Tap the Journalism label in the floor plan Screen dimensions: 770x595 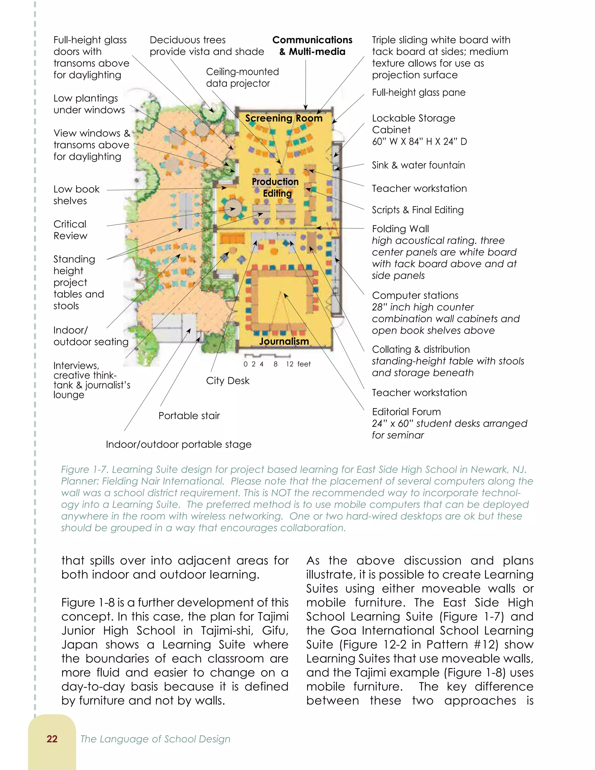284,341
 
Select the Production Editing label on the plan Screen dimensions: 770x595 275,187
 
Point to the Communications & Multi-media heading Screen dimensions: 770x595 312,46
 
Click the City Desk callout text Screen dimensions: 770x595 228,381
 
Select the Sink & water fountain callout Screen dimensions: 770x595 418,165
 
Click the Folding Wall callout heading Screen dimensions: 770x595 400,229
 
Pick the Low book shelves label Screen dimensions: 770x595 76,195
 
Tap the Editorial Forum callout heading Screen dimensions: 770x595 406,412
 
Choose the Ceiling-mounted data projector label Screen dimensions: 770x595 242,78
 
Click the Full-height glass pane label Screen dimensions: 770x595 419,92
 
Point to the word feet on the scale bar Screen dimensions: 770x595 304,364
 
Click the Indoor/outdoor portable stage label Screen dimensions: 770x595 179,444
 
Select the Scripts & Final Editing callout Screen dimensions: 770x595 418,210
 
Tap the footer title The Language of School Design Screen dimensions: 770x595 155,739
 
